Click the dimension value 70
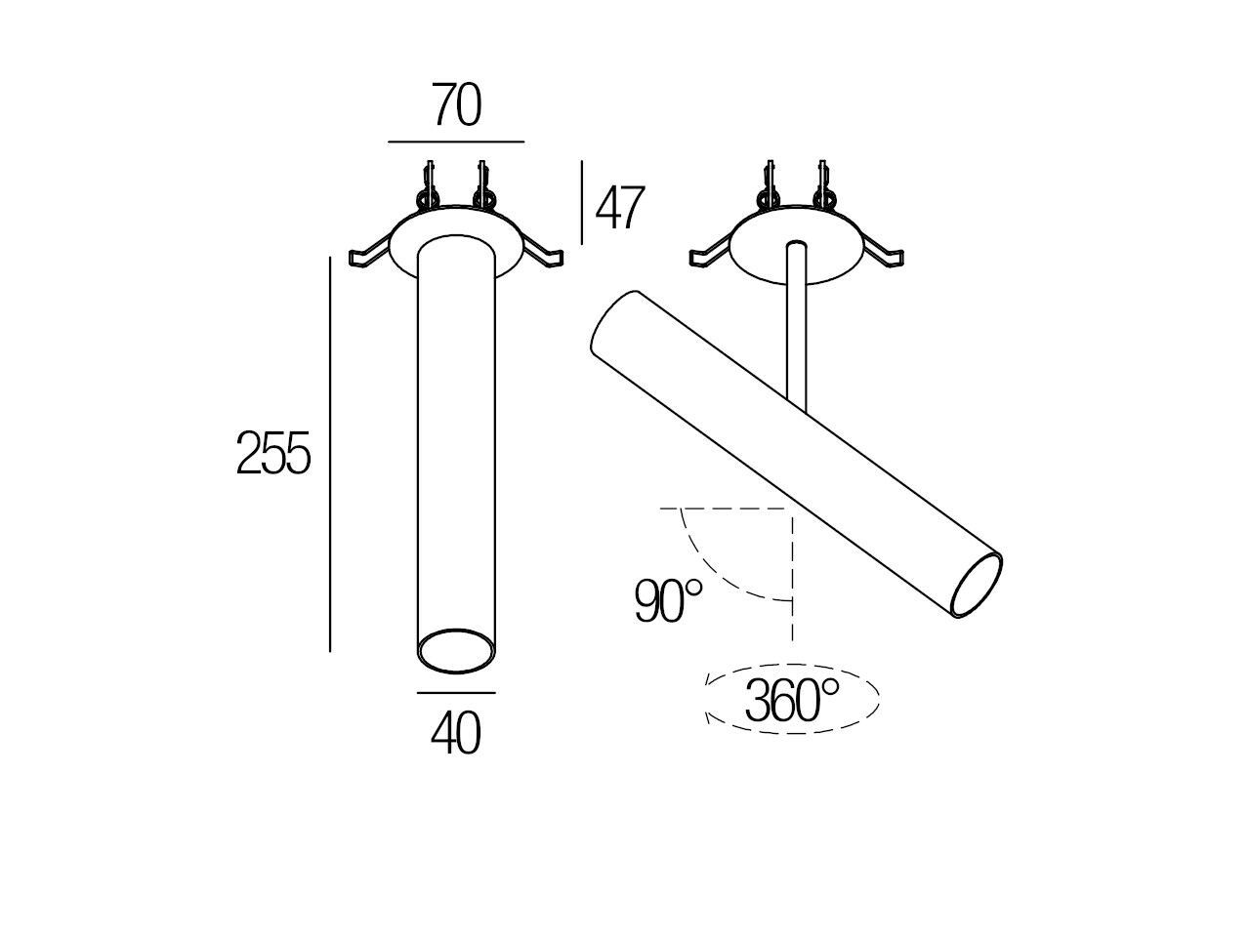tap(457, 106)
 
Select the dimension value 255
tap(273, 454)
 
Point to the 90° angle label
tap(668, 600)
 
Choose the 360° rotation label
tap(791, 700)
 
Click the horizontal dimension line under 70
tap(456, 143)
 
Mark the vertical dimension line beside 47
tap(582, 203)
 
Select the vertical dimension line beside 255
tap(330, 454)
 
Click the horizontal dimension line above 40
tap(456, 693)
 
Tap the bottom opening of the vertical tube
tap(455, 650)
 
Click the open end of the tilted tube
tap(978, 586)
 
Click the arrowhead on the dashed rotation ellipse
tap(708, 718)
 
